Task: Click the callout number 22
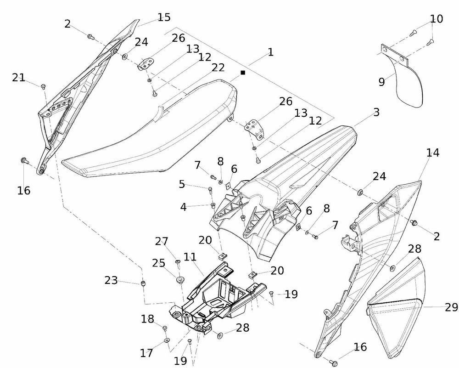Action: pyautogui.click(x=218, y=68)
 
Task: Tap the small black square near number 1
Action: pyautogui.click(x=243, y=73)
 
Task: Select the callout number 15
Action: pyautogui.click(x=164, y=17)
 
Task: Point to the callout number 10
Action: pyautogui.click(x=437, y=19)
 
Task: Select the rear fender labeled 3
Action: pyautogui.click(x=294, y=175)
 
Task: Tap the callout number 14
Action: pyautogui.click(x=432, y=153)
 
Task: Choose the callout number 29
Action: pyautogui.click(x=451, y=308)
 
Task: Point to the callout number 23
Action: pyautogui.click(x=111, y=280)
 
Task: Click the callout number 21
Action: pyautogui.click(x=19, y=78)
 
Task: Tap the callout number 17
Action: pyautogui.click(x=146, y=353)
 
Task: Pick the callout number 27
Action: pyautogui.click(x=162, y=241)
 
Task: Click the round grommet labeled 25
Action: pyautogui.click(x=179, y=279)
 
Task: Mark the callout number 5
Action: pyautogui.click(x=182, y=184)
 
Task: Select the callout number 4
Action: pyautogui.click(x=184, y=207)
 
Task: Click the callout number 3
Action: pyautogui.click(x=376, y=112)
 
